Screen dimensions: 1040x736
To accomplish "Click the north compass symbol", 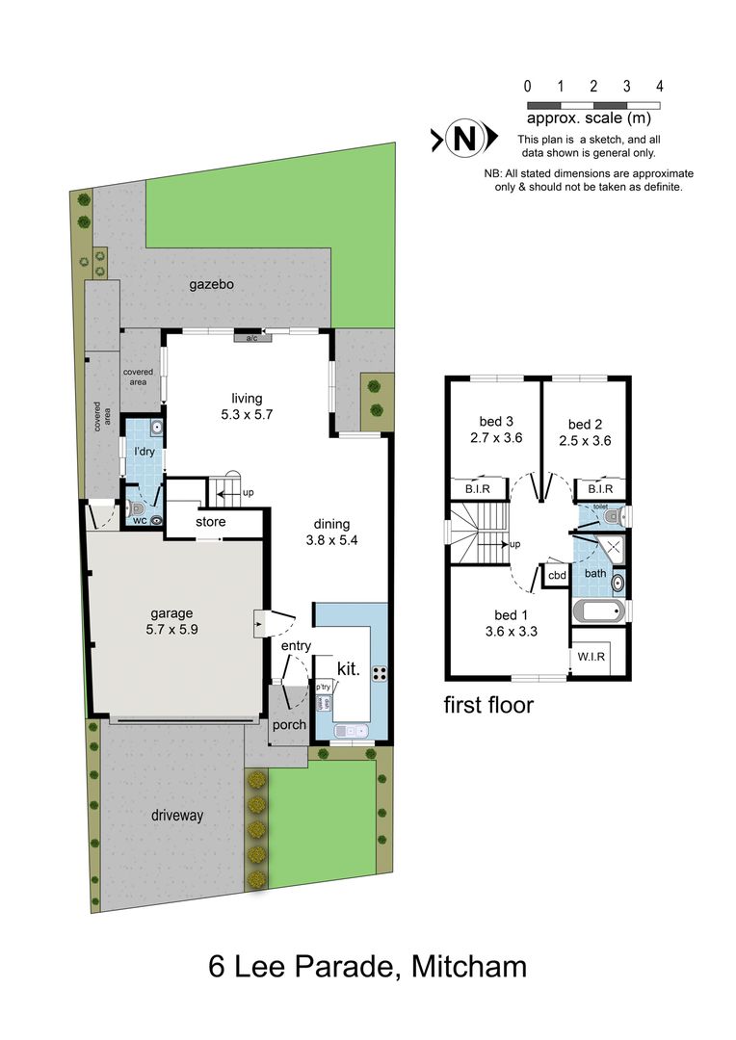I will [x=464, y=140].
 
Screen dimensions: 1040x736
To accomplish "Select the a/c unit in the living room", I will [x=251, y=338].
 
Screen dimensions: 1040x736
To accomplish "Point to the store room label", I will [x=211, y=522].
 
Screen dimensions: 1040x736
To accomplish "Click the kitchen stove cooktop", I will [x=380, y=671].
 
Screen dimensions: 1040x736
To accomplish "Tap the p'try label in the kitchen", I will [x=323, y=687].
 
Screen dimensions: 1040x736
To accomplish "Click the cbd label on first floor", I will [x=557, y=576].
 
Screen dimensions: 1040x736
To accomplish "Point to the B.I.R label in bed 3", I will [x=479, y=489].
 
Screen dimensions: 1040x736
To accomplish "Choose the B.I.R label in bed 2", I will [x=600, y=489].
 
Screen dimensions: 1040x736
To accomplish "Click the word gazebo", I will [x=213, y=284].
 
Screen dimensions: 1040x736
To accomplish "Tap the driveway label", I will [x=179, y=815].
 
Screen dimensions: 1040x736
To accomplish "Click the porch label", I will [x=289, y=725].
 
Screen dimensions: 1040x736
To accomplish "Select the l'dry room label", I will [x=144, y=451].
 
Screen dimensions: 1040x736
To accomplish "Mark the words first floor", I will [x=488, y=705].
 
